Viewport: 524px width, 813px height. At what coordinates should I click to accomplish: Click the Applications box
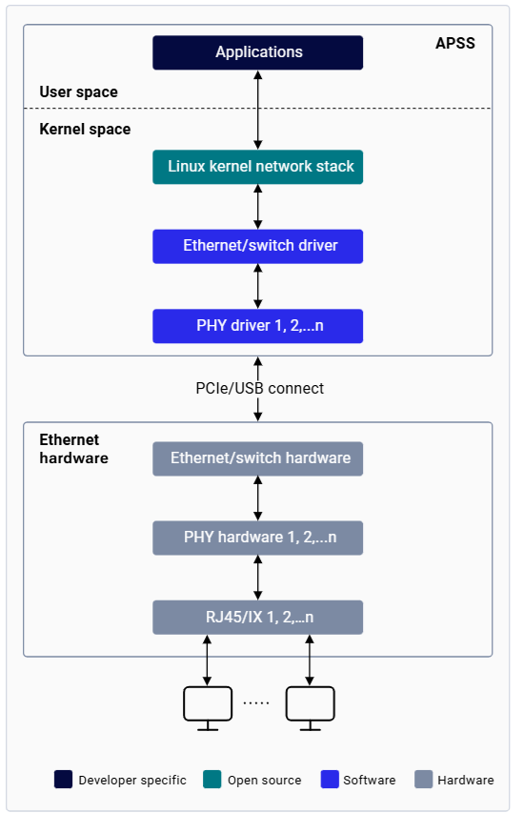257,52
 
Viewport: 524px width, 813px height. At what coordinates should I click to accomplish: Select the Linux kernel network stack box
257,167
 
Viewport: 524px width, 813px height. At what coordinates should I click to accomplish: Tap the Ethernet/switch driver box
257,246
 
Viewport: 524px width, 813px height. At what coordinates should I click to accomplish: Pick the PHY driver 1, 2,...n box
257,326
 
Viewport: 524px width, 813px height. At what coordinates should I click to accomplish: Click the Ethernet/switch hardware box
257,458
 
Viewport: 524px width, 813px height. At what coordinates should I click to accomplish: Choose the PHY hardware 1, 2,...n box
257,538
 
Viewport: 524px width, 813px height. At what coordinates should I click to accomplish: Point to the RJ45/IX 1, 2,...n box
257,617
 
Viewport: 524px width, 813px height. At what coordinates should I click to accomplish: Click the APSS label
455,43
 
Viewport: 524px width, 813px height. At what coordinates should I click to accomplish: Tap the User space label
79,92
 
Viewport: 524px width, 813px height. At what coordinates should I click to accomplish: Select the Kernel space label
85,129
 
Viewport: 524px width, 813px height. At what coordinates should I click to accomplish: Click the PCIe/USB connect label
260,388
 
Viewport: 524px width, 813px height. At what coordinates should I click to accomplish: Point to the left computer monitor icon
208,708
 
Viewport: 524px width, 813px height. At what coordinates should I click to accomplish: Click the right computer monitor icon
310,708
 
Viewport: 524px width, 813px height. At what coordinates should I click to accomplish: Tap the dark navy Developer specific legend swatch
63,780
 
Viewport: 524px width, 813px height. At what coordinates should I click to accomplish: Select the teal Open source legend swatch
212,780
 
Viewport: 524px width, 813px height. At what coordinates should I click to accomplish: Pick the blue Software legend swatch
330,780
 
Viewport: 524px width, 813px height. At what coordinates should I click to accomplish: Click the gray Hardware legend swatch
423,780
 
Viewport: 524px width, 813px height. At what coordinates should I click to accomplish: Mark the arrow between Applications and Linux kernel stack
257,110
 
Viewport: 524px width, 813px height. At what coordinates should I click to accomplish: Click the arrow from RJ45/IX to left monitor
207,661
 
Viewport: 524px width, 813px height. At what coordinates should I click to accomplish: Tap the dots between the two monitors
256,703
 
